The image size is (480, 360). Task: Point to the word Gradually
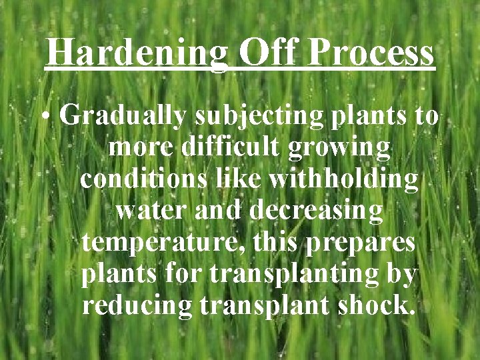point(123,117)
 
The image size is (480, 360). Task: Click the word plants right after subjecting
point(366,117)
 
